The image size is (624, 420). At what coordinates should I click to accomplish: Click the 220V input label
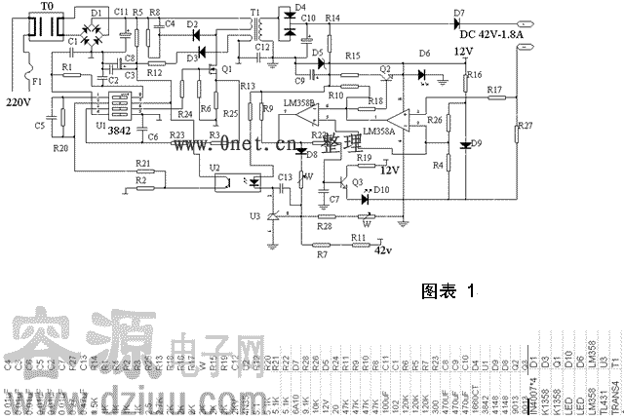click(19, 101)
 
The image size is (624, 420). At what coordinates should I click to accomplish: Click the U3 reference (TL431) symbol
click(272, 215)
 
